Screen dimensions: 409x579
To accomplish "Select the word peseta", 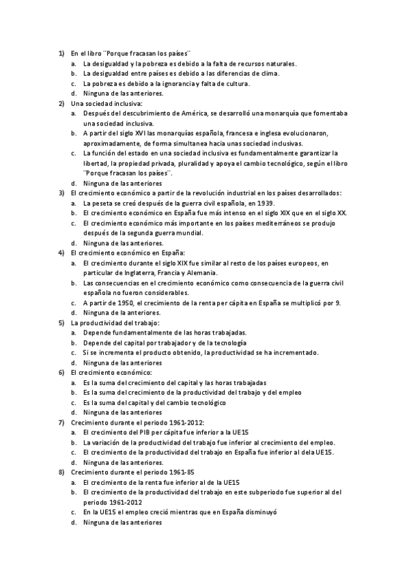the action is coord(102,203).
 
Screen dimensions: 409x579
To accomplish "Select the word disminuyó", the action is coord(266,512).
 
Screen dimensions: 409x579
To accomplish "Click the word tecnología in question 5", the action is coord(231,343).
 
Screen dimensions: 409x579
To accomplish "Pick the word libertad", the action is coord(96,163).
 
